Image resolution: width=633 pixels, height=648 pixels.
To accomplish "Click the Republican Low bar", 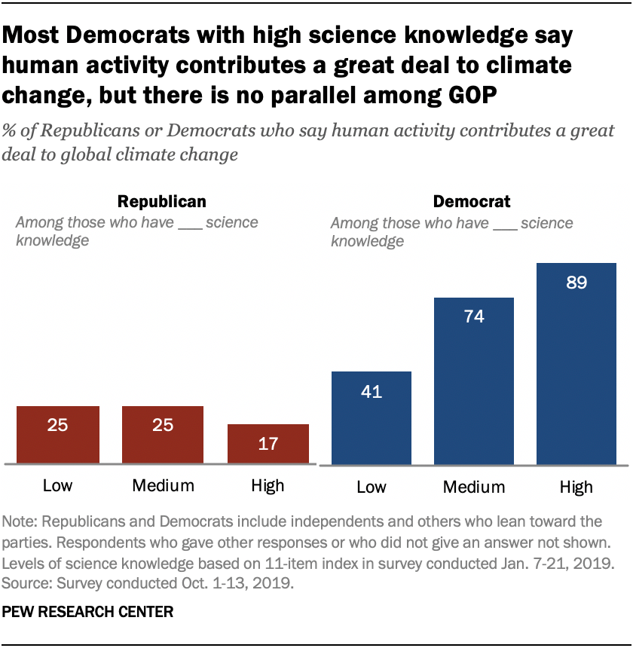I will [x=57, y=435].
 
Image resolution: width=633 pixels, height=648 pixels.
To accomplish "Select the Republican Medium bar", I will [x=163, y=435].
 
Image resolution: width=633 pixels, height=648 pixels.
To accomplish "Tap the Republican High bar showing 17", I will [x=268, y=444].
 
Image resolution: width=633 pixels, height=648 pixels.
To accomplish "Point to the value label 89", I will [x=576, y=283].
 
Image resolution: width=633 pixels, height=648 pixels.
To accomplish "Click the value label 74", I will [x=474, y=316].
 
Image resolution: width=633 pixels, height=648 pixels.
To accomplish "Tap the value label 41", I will [x=372, y=392].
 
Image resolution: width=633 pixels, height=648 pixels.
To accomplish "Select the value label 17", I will [x=268, y=444].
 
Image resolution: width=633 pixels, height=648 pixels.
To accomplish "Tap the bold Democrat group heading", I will [x=471, y=202].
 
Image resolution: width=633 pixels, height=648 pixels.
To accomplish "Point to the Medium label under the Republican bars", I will [x=163, y=485].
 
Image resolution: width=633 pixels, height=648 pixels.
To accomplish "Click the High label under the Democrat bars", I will [x=576, y=487].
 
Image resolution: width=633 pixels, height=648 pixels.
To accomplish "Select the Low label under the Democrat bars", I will [x=372, y=487].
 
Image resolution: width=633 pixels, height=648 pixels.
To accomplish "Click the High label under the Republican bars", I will [x=268, y=485].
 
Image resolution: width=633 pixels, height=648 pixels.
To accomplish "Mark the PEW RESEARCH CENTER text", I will [x=88, y=613].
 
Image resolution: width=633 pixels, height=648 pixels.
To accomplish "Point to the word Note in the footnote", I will [x=19, y=521].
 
